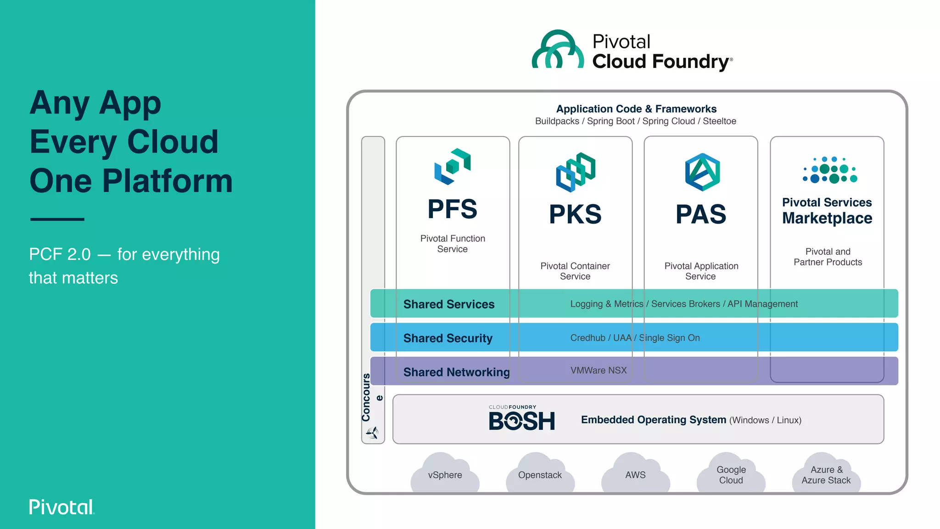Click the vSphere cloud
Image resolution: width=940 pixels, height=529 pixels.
pyautogui.click(x=445, y=474)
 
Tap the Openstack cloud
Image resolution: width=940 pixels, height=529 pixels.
pyautogui.click(x=540, y=474)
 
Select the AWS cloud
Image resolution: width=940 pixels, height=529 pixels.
pyautogui.click(x=635, y=474)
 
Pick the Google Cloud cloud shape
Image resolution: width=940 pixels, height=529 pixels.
pyautogui.click(x=731, y=474)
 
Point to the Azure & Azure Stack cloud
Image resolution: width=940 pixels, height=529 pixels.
pyautogui.click(x=826, y=474)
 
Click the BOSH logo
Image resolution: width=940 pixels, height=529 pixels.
pyautogui.click(x=521, y=419)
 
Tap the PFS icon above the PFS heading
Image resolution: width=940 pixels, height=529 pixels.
pyautogui.click(x=453, y=167)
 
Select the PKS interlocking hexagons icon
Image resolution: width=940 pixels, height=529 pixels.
pyautogui.click(x=576, y=172)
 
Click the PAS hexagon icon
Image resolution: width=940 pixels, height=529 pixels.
pyautogui.click(x=702, y=172)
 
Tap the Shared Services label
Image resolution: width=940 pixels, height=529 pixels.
pyautogui.click(x=448, y=304)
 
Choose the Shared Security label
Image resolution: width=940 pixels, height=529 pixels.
pyautogui.click(x=448, y=338)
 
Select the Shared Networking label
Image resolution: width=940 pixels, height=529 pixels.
pyautogui.click(x=456, y=372)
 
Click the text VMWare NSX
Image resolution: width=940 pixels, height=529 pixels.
pyautogui.click(x=598, y=370)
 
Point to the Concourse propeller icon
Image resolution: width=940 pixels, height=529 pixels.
pyautogui.click(x=372, y=432)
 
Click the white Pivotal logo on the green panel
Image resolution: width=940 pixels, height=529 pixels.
pyautogui.click(x=62, y=507)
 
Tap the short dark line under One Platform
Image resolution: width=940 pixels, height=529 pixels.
pyautogui.click(x=57, y=219)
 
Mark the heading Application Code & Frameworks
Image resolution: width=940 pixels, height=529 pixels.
pyautogui.click(x=636, y=109)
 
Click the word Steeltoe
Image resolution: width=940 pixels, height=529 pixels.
pyautogui.click(x=719, y=121)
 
